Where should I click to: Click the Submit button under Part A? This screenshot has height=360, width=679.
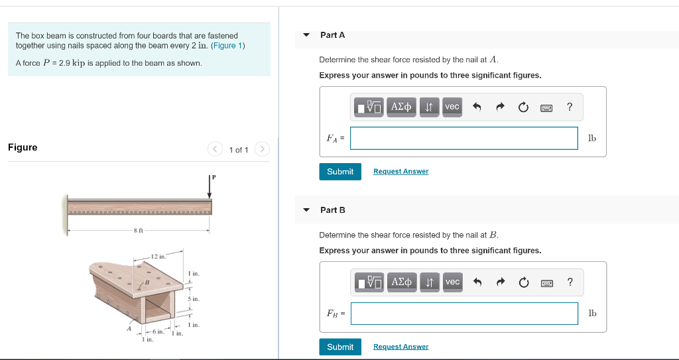[340, 172]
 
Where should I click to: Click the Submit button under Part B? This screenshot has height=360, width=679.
[340, 347]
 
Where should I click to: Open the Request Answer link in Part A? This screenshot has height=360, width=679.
[401, 172]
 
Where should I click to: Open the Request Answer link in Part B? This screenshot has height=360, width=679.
[401, 347]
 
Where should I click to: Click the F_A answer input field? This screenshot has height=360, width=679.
[464, 138]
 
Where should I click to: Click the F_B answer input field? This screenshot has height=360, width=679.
[464, 314]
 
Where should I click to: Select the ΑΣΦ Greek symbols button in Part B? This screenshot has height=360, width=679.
[401, 282]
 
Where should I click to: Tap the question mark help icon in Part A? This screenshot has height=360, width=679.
[570, 107]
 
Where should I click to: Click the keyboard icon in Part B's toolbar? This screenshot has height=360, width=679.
[546, 282]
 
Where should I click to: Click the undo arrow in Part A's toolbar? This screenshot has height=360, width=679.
[476, 107]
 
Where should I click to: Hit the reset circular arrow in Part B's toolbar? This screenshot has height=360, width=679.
[524, 282]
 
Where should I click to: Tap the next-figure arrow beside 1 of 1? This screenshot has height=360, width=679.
[262, 149]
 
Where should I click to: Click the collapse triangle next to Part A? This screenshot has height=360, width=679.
[306, 35]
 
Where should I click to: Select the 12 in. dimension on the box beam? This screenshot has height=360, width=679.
[158, 256]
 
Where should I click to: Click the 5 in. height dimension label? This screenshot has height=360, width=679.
[194, 299]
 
